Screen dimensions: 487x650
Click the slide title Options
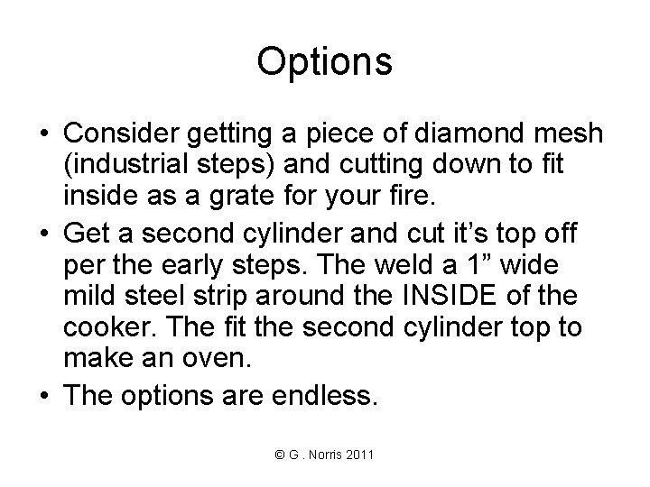pos(324,62)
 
